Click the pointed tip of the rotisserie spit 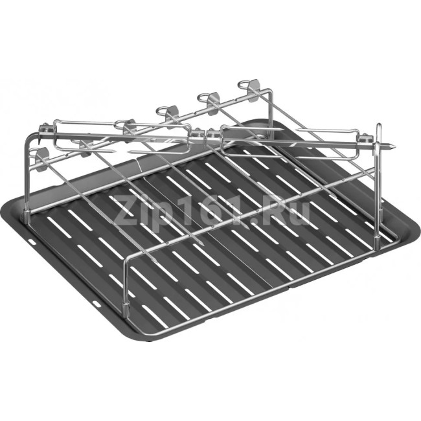tap(394, 146)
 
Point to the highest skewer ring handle tap(244, 84)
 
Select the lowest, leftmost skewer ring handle tap(34, 152)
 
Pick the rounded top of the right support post tap(379, 127)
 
